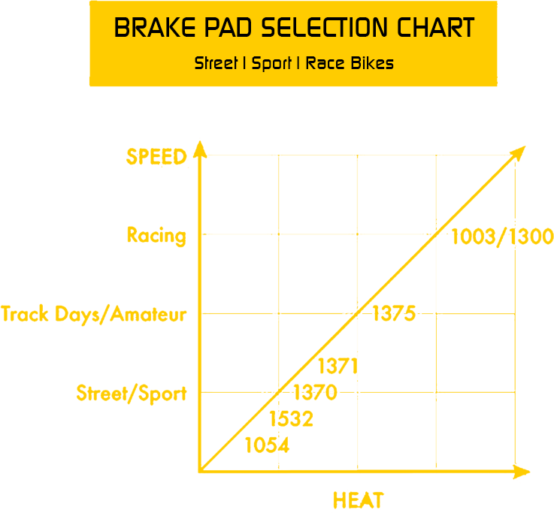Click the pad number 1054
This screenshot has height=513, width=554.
point(267,445)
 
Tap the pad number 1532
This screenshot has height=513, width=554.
point(291,419)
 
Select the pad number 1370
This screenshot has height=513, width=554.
point(315,393)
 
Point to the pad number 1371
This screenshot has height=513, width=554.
point(338,366)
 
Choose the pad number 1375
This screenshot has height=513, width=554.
point(394,313)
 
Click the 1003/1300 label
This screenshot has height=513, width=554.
point(502,236)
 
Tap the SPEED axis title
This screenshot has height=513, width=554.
point(156,156)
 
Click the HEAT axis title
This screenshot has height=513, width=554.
point(359,500)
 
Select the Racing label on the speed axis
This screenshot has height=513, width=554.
point(156,236)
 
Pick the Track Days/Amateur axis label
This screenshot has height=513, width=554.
point(94,314)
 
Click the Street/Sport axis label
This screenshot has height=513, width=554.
point(132,394)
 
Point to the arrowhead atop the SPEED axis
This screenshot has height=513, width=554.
point(200,149)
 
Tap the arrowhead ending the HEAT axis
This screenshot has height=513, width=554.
point(522,472)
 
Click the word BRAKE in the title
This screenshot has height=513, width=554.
point(155,28)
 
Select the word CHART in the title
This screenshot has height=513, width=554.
point(436,28)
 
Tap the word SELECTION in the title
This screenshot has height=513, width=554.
point(324,28)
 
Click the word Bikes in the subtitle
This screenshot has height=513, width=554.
point(372,63)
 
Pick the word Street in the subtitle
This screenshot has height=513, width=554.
point(216,63)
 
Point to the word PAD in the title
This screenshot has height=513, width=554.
point(229,28)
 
